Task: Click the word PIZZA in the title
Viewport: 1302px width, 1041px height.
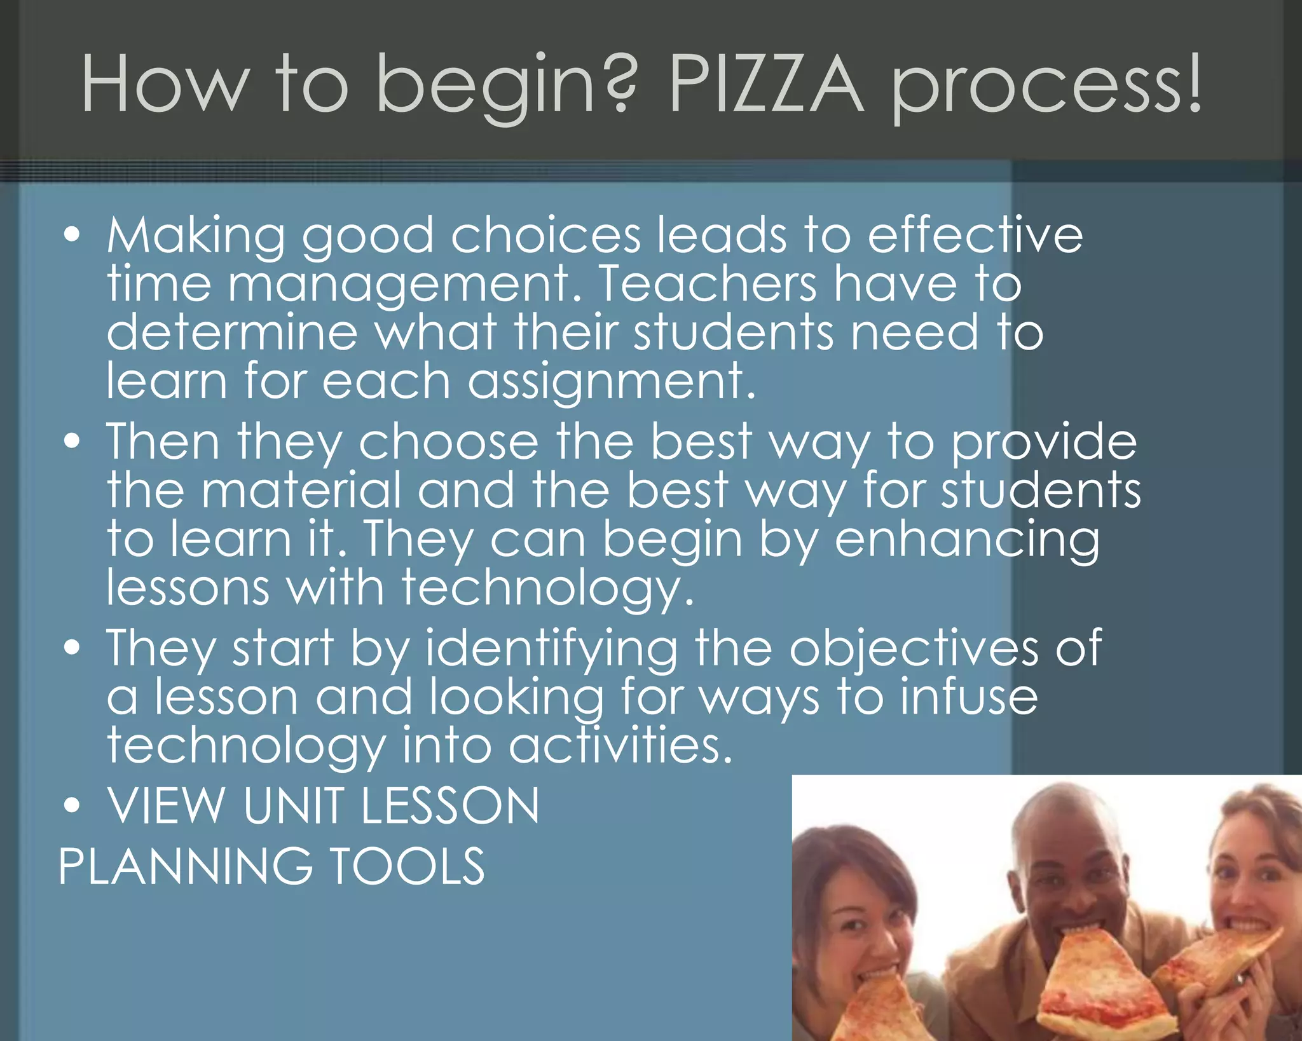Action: pos(766,85)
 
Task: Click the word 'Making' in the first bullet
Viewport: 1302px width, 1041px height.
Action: pos(196,236)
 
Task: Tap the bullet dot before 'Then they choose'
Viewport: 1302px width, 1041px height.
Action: pos(72,440)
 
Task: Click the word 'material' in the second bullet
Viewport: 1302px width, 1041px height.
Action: pos(301,490)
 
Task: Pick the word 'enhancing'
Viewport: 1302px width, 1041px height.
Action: pos(966,540)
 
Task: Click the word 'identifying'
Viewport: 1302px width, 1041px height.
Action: pos(551,649)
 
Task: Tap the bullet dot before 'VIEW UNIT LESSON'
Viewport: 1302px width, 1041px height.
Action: pos(72,805)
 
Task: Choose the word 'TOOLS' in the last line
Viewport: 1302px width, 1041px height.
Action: pos(408,866)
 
